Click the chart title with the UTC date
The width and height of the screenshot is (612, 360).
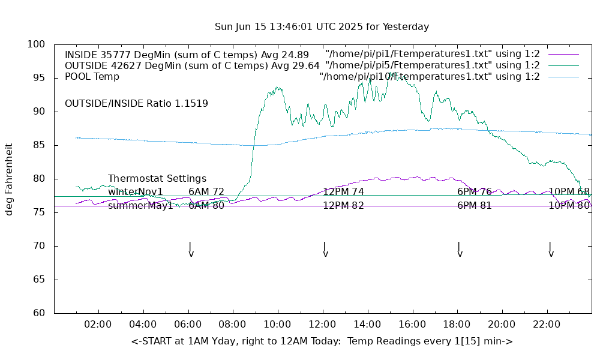(322, 27)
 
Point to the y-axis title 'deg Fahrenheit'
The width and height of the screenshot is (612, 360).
(9, 179)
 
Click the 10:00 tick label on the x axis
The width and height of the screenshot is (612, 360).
(277, 325)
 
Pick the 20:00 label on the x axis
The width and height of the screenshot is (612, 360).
(502, 325)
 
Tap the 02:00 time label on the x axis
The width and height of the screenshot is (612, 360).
(98, 325)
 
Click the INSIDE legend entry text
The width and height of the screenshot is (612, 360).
(187, 55)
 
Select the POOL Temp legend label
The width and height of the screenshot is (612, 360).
(92, 76)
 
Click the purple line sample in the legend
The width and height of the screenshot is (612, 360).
(563, 55)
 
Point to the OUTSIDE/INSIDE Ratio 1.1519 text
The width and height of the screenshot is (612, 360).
(136, 103)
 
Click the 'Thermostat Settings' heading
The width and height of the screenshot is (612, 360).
(157, 179)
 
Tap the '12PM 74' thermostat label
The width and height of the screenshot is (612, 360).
(344, 192)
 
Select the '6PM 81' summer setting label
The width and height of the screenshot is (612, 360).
(475, 205)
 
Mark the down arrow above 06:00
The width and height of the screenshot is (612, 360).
(190, 249)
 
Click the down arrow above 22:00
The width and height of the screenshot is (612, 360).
(550, 249)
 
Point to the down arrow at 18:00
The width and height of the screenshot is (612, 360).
(459, 249)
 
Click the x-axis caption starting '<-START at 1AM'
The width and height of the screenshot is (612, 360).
(322, 341)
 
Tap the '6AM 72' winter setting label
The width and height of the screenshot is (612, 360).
(206, 192)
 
